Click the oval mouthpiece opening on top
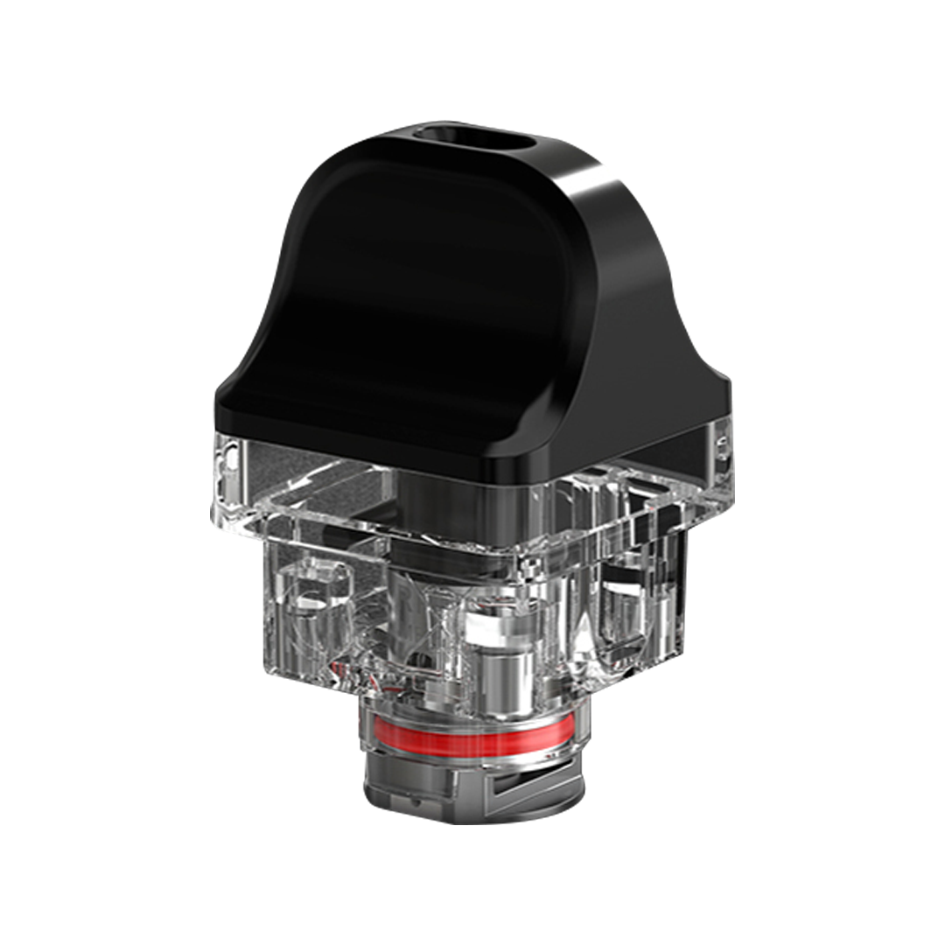pyautogui.click(x=474, y=139)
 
